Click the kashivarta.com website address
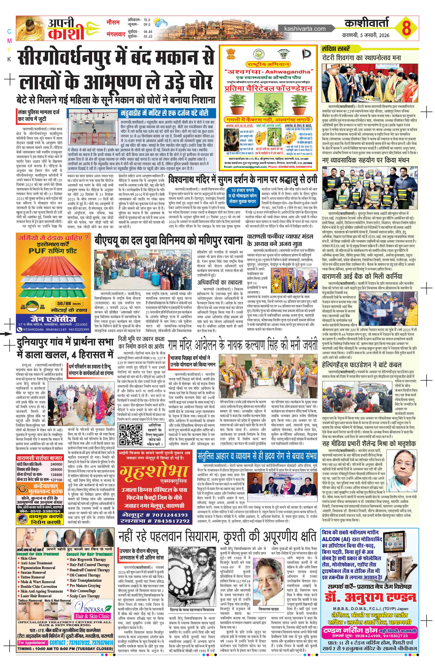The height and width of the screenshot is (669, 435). (305, 29)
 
